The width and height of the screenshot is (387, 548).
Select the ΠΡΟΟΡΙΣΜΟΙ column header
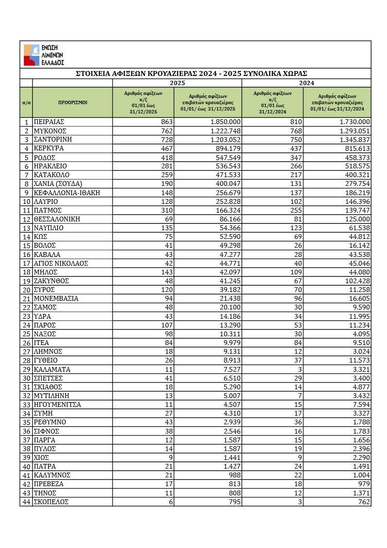72,103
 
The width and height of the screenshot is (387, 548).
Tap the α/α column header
27,103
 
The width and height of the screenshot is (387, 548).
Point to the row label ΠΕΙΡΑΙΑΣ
49,122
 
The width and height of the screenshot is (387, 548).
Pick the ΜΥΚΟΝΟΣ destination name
50,130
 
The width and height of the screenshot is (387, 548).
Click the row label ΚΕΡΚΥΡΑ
49,148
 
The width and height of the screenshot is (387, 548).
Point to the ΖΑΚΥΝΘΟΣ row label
51,280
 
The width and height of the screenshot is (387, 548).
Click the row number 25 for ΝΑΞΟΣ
27,333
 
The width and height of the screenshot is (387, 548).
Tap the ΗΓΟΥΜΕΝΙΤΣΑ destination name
57,404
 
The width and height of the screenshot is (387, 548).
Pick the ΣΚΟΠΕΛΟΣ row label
51,502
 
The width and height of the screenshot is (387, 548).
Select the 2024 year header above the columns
306,83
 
